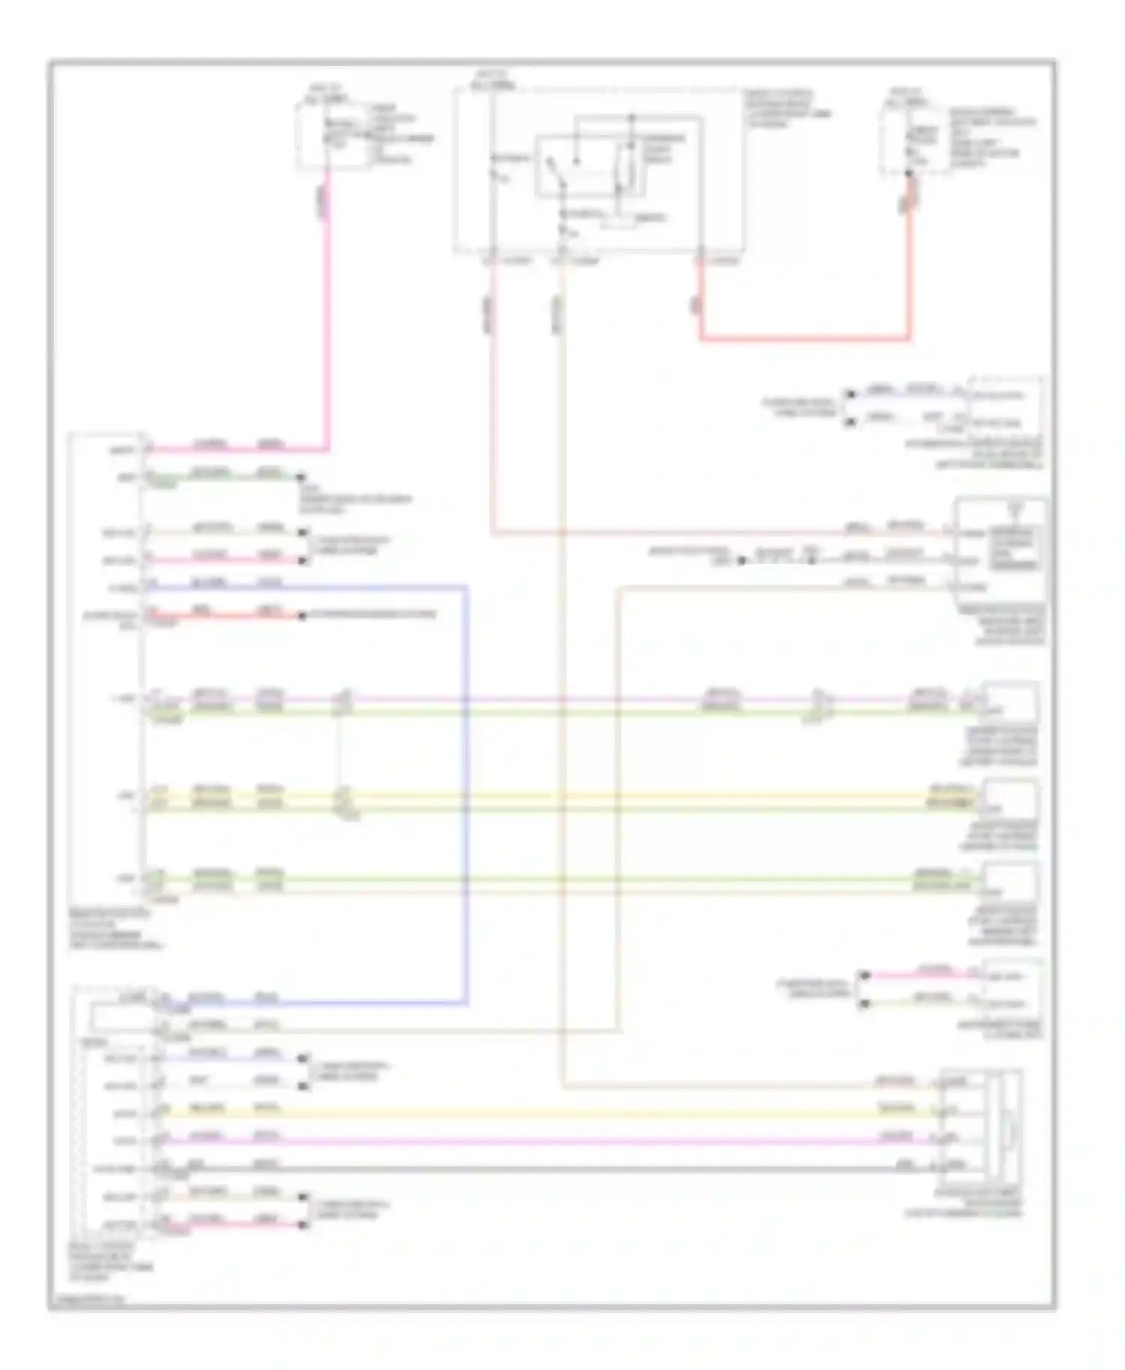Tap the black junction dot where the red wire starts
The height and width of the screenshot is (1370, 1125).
coord(909,175)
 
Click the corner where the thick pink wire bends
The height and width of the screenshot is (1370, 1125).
coord(327,450)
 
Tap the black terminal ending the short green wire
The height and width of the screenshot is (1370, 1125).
coord(301,477)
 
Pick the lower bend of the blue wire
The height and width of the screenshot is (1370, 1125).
coord(466,1002)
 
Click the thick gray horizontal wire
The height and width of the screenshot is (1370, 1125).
coord(525,1168)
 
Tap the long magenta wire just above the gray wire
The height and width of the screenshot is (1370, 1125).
coord(525,1141)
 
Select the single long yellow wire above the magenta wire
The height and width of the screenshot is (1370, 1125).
coord(525,1113)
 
